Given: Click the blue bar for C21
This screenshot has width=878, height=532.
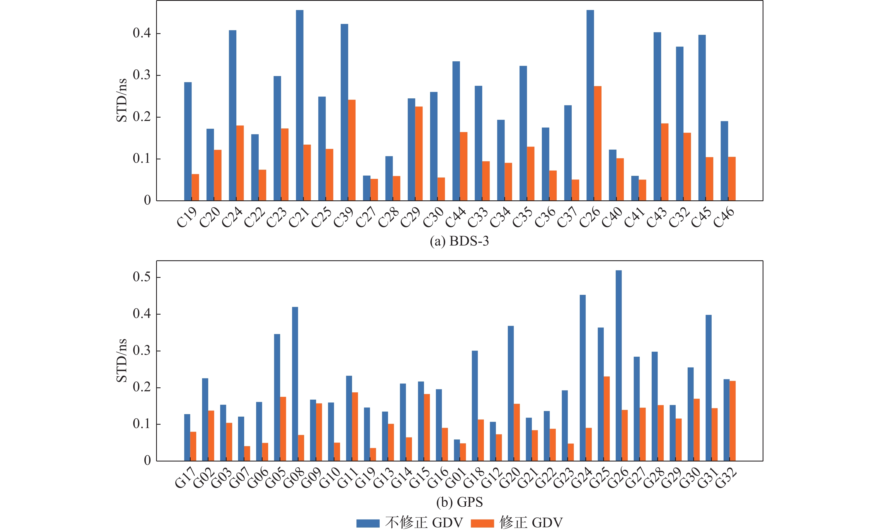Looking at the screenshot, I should [299, 105].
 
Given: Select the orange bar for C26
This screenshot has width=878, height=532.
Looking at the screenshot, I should [598, 143].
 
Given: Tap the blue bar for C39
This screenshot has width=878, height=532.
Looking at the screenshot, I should [344, 112].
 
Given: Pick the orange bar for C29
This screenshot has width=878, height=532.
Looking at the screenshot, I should [419, 154].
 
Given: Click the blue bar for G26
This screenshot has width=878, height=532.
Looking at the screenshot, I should [619, 366].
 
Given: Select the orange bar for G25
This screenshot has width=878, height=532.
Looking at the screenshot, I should [607, 419].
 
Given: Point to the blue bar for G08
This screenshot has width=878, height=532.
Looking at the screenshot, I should [295, 384].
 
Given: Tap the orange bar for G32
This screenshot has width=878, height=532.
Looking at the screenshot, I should [733, 421].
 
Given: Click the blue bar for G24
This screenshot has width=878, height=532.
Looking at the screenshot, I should [583, 378].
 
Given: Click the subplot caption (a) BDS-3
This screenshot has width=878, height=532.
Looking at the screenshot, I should [459, 241].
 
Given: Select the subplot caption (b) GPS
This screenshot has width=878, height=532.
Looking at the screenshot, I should [459, 502].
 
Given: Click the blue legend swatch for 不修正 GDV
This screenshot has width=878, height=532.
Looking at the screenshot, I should [368, 523].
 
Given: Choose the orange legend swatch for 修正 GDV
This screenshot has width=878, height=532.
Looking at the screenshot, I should [482, 523].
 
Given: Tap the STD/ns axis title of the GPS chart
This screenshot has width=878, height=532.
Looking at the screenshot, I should [122, 360].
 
